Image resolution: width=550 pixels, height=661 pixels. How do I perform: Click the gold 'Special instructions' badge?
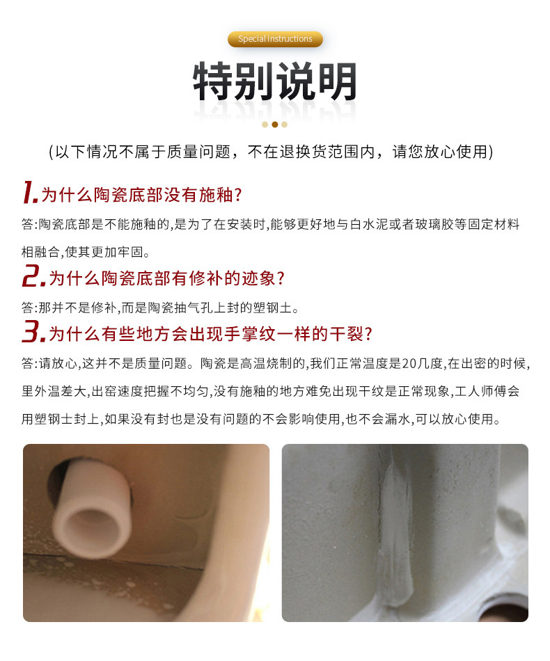point(275,39)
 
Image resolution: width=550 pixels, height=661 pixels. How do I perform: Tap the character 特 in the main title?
point(212,81)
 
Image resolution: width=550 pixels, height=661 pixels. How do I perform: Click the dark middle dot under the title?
point(274,125)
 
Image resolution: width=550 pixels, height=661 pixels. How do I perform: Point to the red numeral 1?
point(30,192)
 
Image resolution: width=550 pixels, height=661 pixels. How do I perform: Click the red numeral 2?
point(33,276)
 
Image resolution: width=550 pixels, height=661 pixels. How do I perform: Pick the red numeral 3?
point(33,331)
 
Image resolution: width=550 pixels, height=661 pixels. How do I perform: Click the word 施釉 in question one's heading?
point(216,196)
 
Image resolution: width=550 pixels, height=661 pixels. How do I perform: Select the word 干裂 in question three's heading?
point(346,334)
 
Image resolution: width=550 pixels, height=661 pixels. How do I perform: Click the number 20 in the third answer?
point(409,363)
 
